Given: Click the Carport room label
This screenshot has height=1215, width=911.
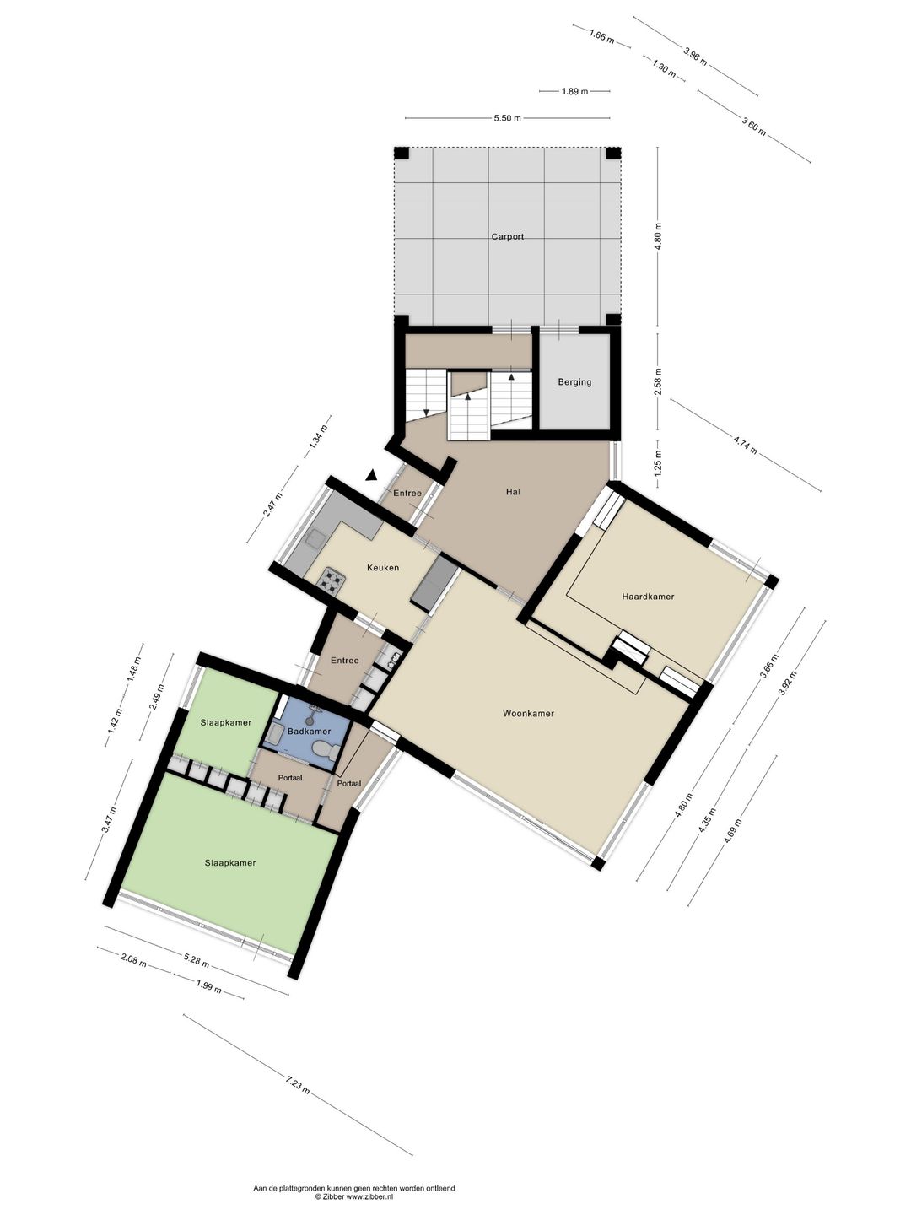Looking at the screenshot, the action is [507, 236].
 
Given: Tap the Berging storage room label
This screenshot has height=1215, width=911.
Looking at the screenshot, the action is [574, 382].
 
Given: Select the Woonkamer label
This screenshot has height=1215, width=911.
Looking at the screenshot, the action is [528, 714].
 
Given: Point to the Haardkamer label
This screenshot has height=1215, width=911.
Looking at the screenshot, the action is [648, 597].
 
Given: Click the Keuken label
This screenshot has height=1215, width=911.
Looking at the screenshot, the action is [383, 567].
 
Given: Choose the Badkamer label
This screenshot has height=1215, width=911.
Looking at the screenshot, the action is [309, 732].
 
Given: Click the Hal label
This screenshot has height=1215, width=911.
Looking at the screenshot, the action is [513, 492].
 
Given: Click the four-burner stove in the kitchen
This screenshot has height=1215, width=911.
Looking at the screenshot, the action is [332, 581].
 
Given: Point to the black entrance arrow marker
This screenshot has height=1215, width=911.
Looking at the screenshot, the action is [372, 474].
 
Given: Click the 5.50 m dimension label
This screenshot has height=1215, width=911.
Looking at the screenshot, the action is [507, 118].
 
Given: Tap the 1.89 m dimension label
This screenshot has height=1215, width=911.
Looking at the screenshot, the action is [574, 91].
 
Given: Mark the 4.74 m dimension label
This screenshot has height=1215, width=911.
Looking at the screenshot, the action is [745, 445].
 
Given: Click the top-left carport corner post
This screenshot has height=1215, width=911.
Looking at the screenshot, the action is [402, 154].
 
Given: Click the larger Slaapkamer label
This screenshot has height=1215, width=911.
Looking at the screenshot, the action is [230, 863].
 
